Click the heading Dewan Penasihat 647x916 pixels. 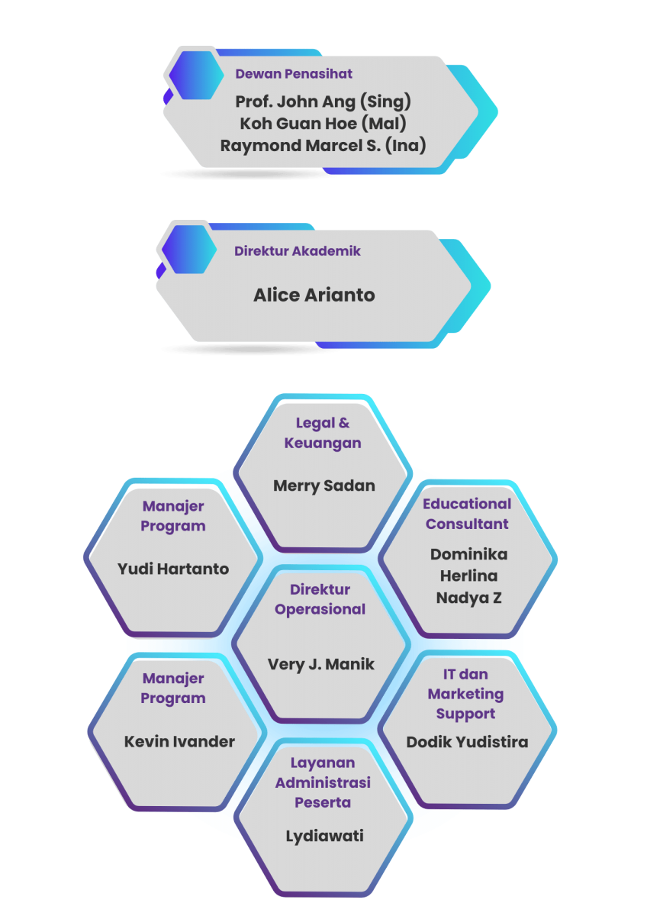(x=293, y=74)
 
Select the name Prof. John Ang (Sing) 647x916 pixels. (x=323, y=102)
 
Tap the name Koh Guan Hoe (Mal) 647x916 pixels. (x=323, y=123)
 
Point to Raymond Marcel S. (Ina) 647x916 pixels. (x=323, y=145)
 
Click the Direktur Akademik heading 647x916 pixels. (x=297, y=250)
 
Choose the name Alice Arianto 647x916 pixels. (x=314, y=295)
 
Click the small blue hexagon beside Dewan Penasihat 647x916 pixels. (x=196, y=75)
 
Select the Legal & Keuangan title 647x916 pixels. (x=323, y=433)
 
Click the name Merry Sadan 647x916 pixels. (x=324, y=485)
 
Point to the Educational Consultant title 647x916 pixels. (x=467, y=514)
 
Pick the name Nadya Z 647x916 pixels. (x=468, y=598)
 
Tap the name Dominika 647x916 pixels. (x=468, y=554)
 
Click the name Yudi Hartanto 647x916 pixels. (x=173, y=569)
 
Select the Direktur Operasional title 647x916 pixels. (x=320, y=599)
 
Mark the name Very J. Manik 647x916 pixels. (x=321, y=664)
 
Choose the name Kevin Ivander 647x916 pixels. (x=179, y=741)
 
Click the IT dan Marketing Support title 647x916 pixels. (x=465, y=694)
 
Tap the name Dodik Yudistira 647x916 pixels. (x=467, y=742)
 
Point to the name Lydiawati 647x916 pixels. (x=324, y=836)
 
